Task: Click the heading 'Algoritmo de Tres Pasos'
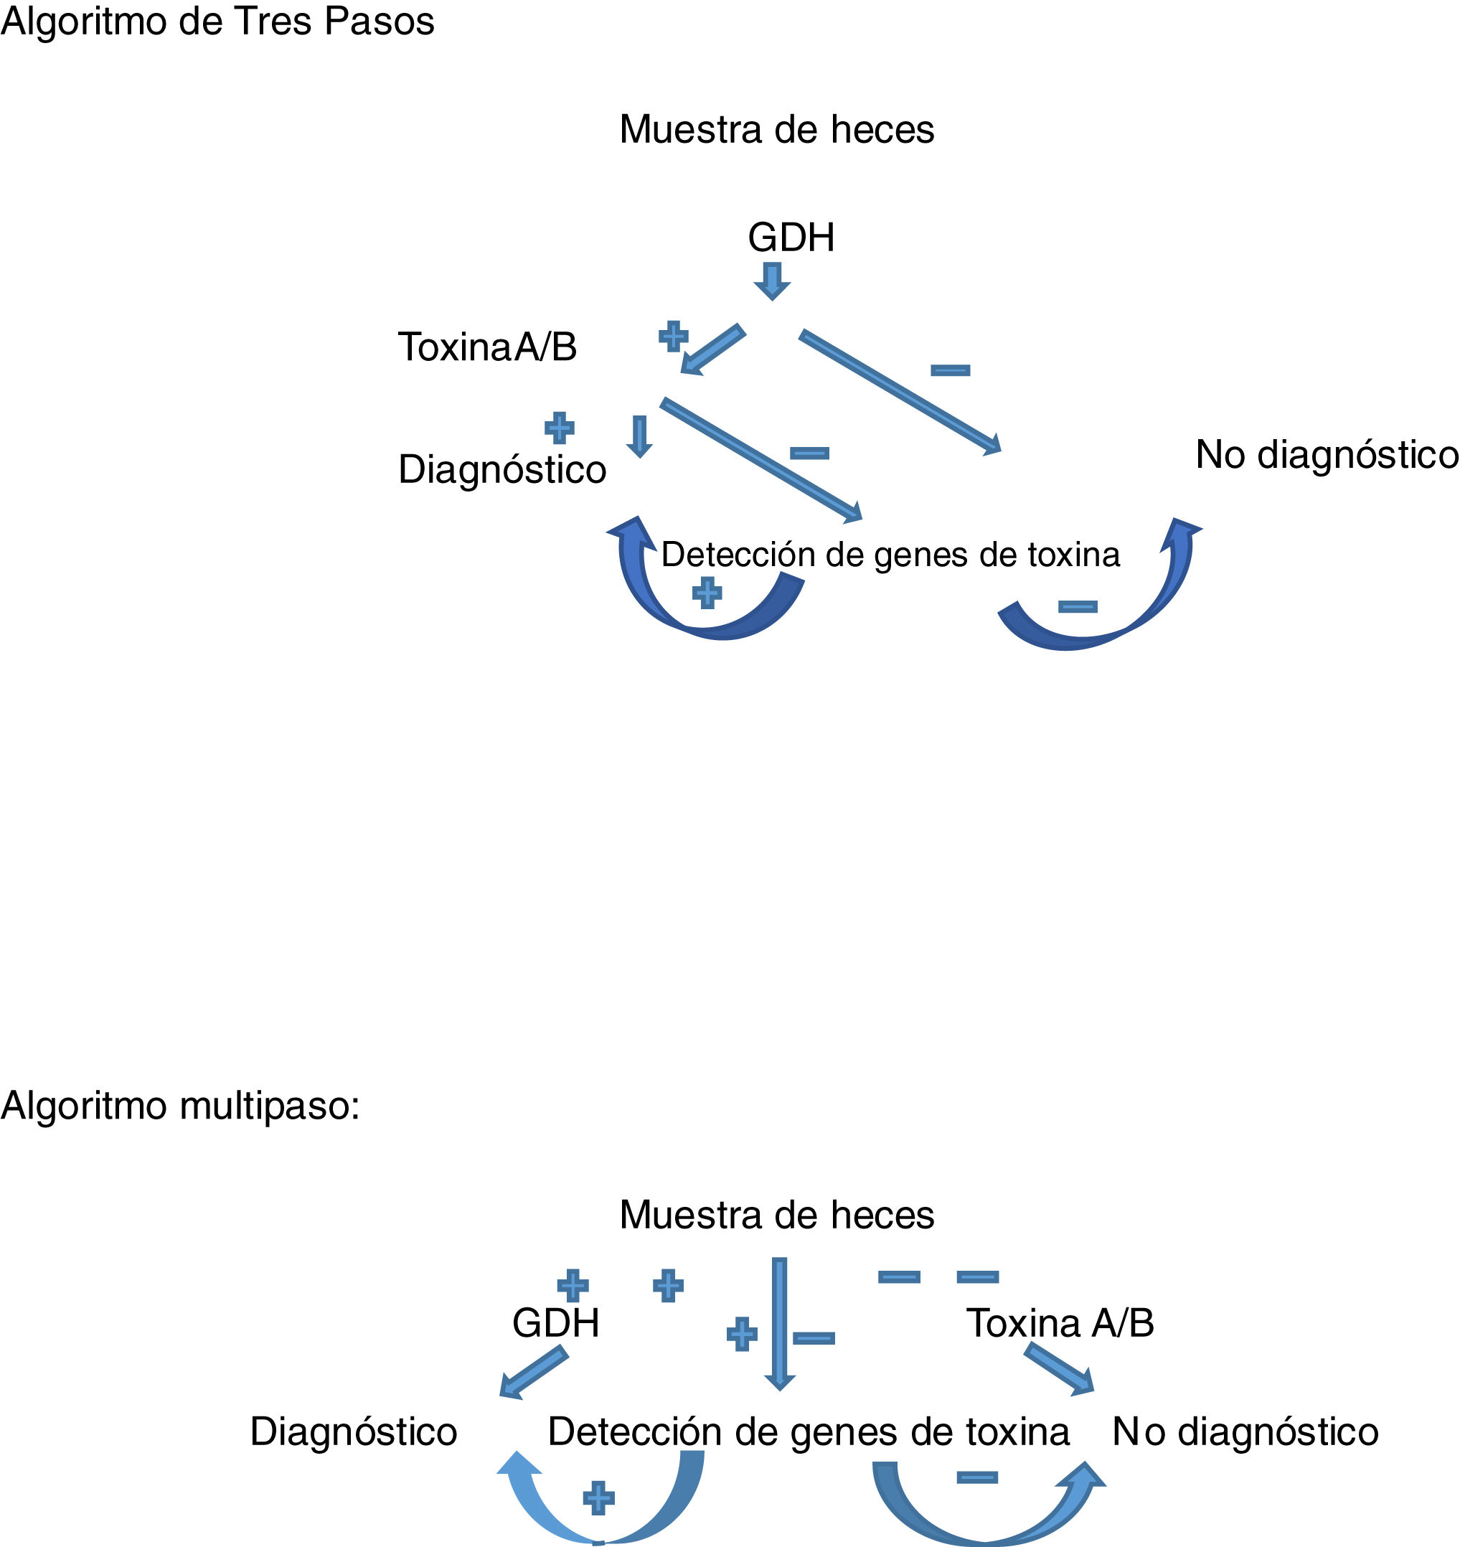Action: click(x=217, y=22)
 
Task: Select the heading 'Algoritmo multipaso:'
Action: click(x=180, y=1106)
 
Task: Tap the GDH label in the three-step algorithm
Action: click(x=791, y=238)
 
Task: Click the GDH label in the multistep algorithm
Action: click(x=556, y=1323)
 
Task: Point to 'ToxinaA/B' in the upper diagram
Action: click(x=487, y=347)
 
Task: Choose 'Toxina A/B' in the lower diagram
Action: click(x=1059, y=1323)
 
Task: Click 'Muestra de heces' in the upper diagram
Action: click(x=777, y=129)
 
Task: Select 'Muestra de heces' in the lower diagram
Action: click(x=777, y=1215)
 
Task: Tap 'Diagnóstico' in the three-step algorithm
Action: click(x=502, y=470)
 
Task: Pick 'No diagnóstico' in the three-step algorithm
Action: click(x=1326, y=455)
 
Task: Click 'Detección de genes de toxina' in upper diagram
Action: click(x=890, y=555)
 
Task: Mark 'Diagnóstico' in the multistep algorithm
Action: click(x=353, y=1431)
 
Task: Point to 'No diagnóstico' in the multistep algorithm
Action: click(x=1245, y=1431)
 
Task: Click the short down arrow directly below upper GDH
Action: click(x=772, y=280)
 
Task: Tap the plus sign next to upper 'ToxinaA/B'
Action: click(x=673, y=337)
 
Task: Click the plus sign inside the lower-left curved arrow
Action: click(x=598, y=1497)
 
